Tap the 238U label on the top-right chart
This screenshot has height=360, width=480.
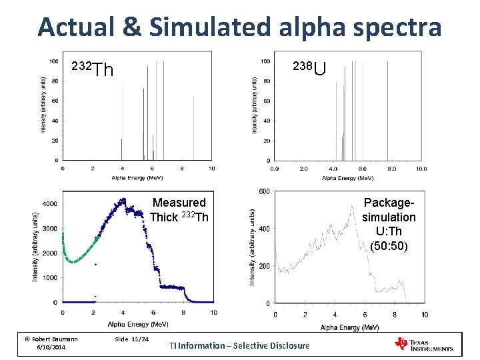point(310,67)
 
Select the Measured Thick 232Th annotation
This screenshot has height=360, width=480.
point(179,209)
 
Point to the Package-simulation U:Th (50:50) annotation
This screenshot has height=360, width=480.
point(389,224)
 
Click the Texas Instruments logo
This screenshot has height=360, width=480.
point(424,344)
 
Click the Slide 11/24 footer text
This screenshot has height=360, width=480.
point(131,339)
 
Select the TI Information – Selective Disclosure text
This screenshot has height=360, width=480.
point(239,345)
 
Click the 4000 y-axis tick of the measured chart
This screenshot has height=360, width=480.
point(49,203)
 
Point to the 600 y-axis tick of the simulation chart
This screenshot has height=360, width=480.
point(263,192)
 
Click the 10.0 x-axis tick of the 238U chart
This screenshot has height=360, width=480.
point(421,169)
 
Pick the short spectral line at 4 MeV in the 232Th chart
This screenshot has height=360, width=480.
point(122,149)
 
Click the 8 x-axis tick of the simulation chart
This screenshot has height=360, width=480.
point(395,315)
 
